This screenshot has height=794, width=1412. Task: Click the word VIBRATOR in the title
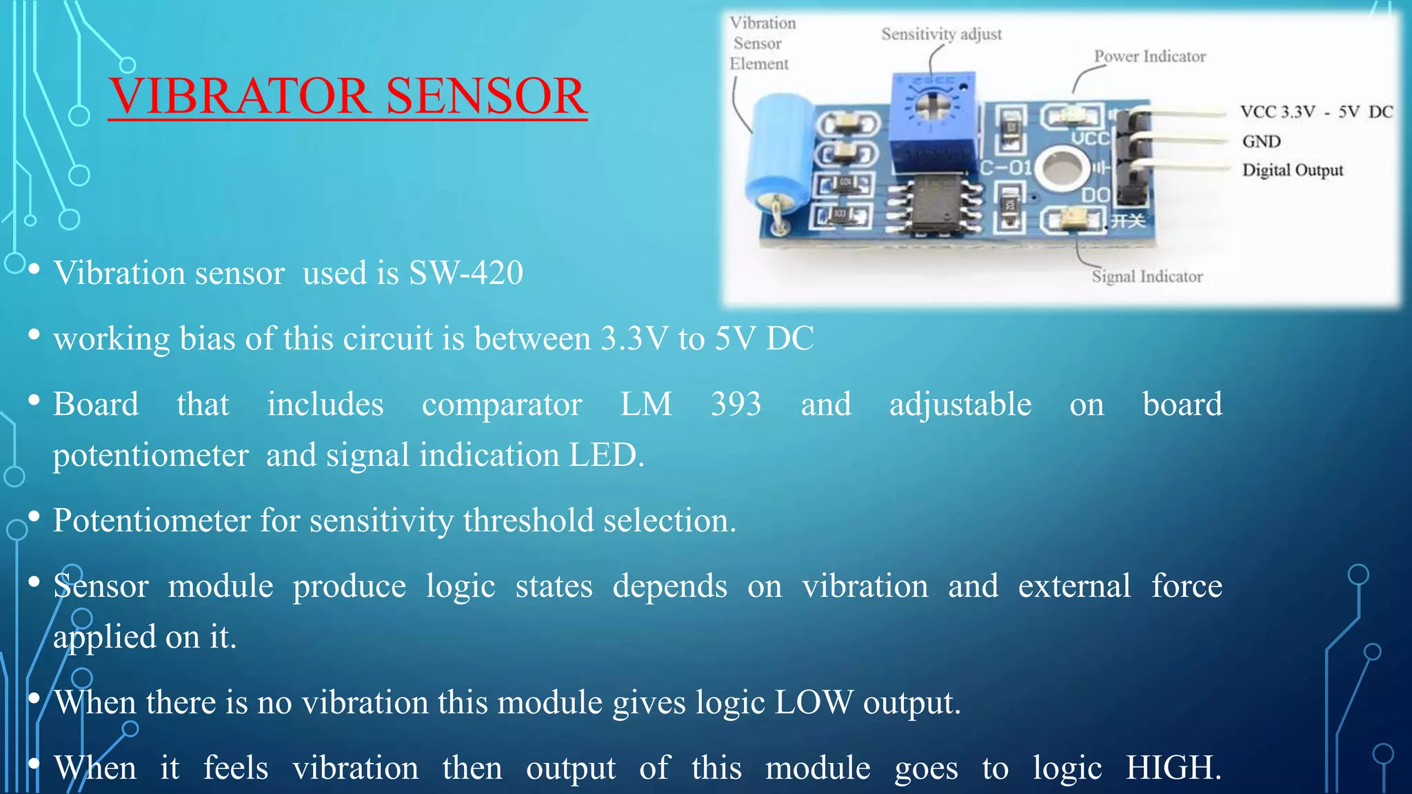click(x=240, y=96)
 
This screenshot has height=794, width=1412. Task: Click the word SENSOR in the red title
click(x=486, y=96)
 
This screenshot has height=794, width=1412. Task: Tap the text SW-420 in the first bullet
click(x=465, y=273)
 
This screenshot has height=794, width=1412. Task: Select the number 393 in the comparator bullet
click(x=736, y=405)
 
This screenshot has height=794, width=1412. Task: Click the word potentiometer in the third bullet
click(x=150, y=456)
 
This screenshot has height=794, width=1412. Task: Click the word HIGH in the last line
click(x=1172, y=768)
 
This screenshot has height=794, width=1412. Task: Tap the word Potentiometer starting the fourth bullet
click(x=151, y=521)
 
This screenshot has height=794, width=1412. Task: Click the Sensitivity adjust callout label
click(x=941, y=34)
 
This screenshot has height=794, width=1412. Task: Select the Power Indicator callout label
click(x=1149, y=57)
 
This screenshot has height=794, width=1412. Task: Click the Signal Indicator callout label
click(x=1147, y=276)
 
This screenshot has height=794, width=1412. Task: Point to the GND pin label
click(x=1261, y=141)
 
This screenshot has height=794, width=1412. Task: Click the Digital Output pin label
click(x=1292, y=170)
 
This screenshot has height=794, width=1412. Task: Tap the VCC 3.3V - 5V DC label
click(x=1315, y=112)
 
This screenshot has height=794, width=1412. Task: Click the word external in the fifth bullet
click(x=1073, y=587)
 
